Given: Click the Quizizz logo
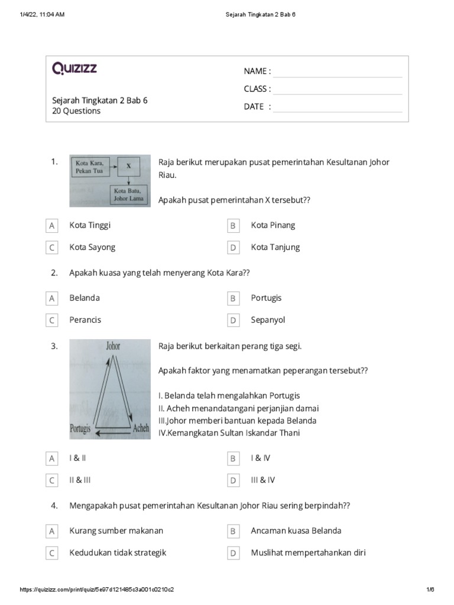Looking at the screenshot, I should coord(74,69).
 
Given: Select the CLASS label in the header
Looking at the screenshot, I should coord(257,89).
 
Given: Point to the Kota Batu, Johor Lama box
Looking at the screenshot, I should coord(128,194).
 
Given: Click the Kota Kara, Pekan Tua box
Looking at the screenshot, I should coord(90,167).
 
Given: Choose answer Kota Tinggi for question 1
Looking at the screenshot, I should coord(90,225).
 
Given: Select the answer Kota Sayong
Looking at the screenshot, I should coord(92,247).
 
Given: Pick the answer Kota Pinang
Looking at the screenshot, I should coord(273,225).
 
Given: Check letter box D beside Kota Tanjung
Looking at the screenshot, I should coord(233,248).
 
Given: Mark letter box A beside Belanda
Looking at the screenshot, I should coord(52,299).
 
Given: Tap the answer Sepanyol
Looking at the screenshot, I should coord(268,320).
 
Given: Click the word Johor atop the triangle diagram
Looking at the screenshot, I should coord(113,346).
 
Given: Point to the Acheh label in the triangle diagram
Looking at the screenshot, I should coord(141,428).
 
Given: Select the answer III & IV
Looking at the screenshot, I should coord(262,480).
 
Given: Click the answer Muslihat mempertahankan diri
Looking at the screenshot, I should coord(308,552).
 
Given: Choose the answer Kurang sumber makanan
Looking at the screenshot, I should coord(116,531).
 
